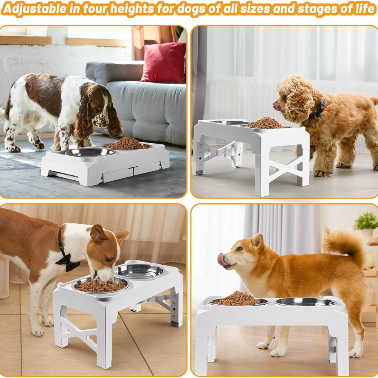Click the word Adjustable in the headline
[35, 9]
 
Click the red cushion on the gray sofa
[164, 63]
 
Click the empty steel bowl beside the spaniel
[88, 152]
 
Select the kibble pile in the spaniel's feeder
[126, 143]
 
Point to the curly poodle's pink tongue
[276, 105]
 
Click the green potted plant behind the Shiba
[366, 221]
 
